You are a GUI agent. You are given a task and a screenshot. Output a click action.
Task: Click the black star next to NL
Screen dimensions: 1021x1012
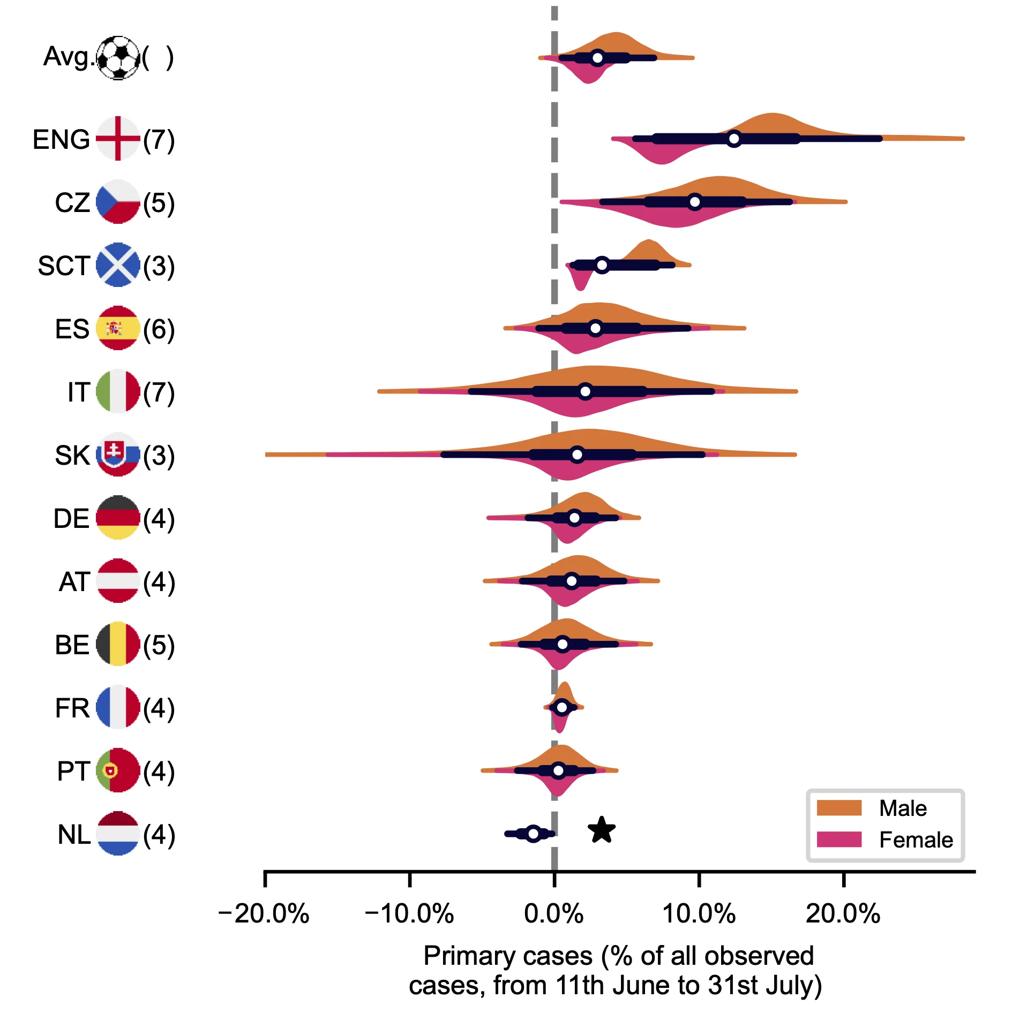pos(601,830)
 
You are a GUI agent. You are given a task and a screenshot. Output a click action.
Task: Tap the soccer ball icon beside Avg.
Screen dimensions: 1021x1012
pos(118,58)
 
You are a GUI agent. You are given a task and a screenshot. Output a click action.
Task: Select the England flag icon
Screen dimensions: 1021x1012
pos(118,139)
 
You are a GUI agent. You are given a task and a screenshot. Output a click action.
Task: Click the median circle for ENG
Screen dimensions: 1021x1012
pos(734,139)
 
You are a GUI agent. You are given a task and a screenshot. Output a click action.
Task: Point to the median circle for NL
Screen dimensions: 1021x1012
pos(533,834)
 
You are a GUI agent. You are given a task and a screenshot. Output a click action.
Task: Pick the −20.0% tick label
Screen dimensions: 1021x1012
pos(264,913)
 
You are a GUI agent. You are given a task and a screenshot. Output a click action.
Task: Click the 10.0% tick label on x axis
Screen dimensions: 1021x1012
pos(699,913)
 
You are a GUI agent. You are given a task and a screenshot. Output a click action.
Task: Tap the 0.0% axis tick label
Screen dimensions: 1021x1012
pos(553,913)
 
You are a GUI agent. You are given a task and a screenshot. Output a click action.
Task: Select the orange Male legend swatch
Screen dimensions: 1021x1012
pos(839,808)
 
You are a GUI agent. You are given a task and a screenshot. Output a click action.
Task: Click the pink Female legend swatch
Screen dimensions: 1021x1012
pos(839,839)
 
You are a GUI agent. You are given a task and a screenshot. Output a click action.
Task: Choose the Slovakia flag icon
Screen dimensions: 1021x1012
pos(118,455)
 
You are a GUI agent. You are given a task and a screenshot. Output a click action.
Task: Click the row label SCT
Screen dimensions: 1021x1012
pos(63,266)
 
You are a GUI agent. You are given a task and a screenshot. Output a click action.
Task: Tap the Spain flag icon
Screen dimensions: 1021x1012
pos(118,328)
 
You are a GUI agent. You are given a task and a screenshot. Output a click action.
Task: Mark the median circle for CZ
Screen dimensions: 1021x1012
pos(695,202)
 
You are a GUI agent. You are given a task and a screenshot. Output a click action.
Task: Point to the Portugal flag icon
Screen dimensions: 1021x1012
pos(118,770)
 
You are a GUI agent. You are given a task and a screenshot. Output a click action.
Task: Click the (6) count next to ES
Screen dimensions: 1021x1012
pos(159,329)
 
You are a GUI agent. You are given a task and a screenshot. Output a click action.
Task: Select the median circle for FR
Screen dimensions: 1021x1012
pos(561,707)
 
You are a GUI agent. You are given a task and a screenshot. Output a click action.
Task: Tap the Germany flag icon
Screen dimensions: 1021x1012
pos(118,518)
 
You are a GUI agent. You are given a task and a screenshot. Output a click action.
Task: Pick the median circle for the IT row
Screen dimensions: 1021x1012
pos(585,391)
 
